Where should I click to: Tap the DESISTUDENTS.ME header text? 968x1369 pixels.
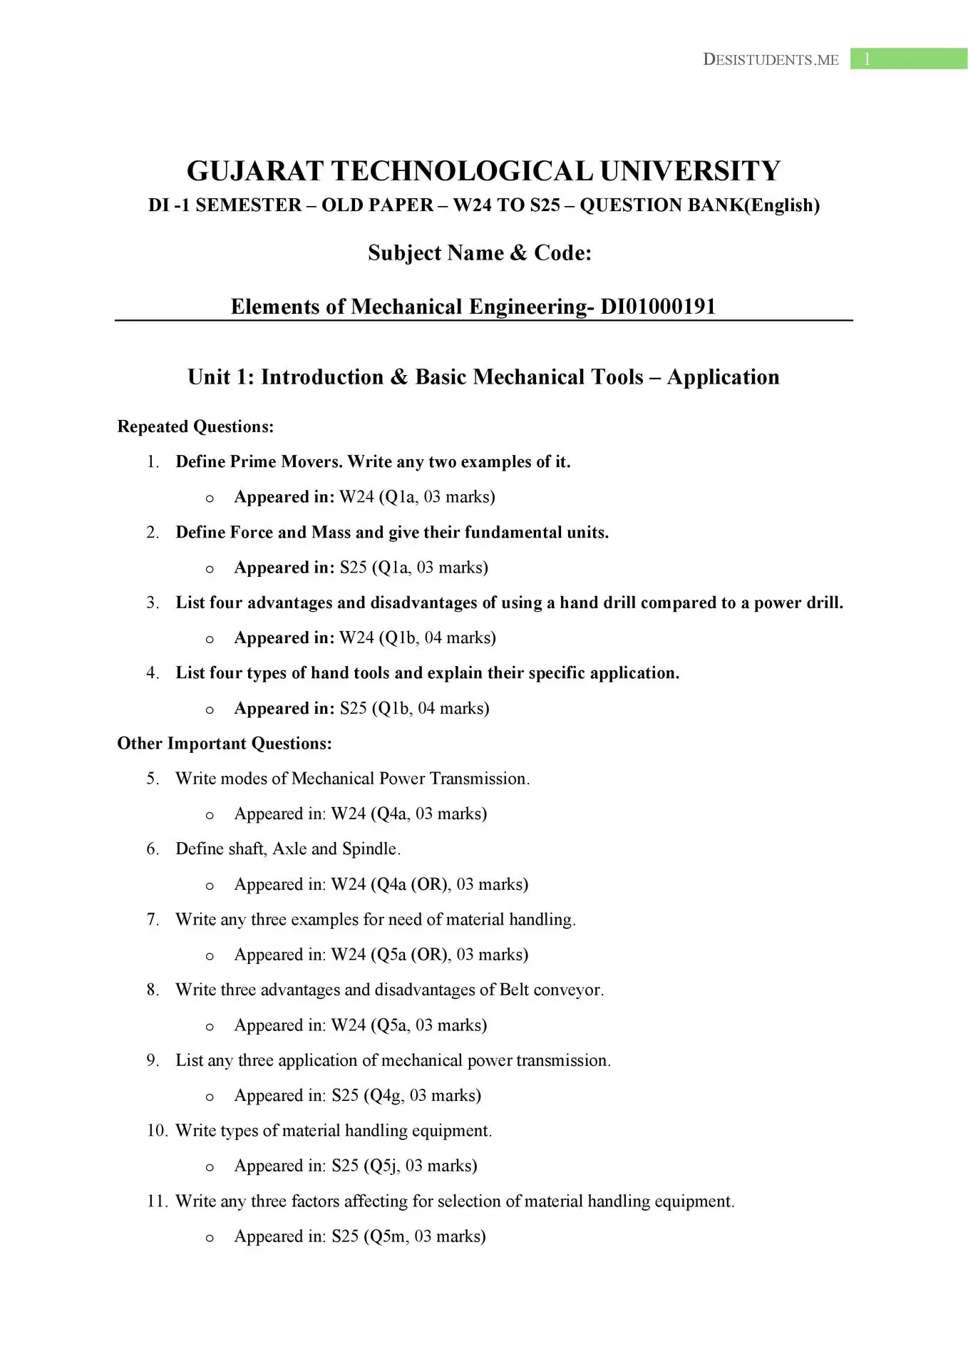point(771,60)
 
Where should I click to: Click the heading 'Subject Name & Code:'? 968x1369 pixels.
point(480,253)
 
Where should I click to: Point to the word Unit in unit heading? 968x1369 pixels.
point(210,377)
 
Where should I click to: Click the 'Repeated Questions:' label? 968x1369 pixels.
point(195,426)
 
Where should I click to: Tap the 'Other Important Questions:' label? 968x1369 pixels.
point(225,744)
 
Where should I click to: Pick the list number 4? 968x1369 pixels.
point(153,673)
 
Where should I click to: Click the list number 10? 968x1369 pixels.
point(156,1131)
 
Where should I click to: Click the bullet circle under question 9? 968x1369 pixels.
point(210,1097)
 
